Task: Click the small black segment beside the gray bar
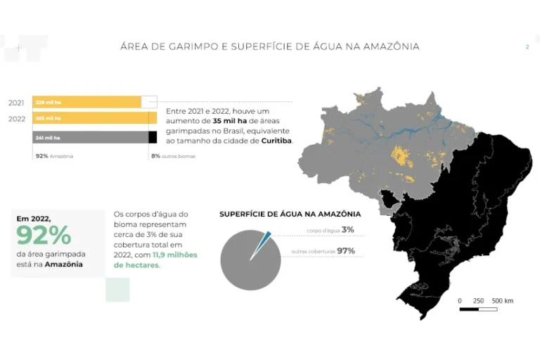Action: pos(153,138)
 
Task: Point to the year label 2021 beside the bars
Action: pos(16,103)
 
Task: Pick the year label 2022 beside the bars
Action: pos(17,119)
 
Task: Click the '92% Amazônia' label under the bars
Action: pos(54,156)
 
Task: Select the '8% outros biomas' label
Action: pos(173,156)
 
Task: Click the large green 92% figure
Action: pos(44,235)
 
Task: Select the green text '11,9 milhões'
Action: pos(175,255)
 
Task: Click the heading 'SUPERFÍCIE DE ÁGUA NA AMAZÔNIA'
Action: pos(290,214)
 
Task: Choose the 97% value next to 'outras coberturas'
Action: pos(345,251)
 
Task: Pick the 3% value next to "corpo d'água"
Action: pos(348,230)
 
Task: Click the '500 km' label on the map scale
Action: pos(503,301)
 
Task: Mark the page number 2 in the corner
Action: pos(527,47)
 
